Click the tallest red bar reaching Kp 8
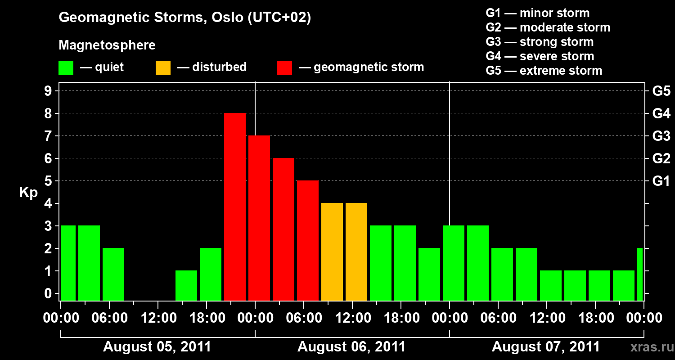235,207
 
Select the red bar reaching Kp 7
259,218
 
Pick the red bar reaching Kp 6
283,229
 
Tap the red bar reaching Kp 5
308,240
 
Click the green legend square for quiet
66,68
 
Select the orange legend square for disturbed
163,68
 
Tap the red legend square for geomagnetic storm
285,68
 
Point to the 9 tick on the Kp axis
48,91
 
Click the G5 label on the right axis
661,91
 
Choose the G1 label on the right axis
661,181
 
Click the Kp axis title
29,193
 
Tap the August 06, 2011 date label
351,346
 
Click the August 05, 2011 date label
157,346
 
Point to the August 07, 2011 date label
546,346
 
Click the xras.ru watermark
652,347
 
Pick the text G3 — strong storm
540,42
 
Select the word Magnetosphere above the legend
107,45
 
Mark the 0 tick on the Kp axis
48,293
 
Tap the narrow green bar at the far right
640,274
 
